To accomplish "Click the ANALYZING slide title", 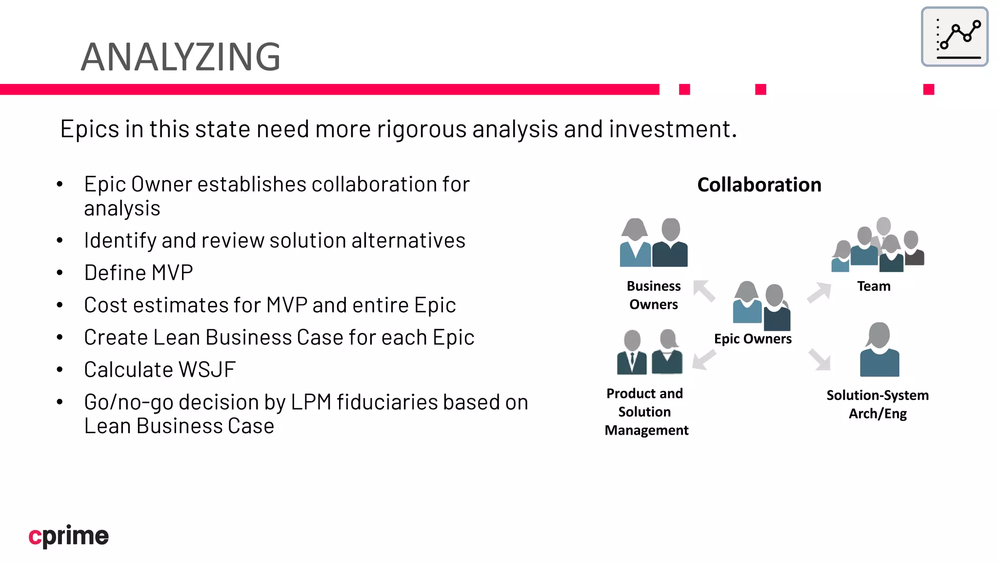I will point(180,57).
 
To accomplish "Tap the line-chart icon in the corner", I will point(954,37).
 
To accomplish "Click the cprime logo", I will point(68,536).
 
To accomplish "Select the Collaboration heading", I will point(759,185).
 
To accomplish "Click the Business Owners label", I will point(653,295).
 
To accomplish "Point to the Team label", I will point(874,286).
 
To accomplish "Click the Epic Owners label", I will point(753,339).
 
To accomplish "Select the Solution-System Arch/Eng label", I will point(877,404).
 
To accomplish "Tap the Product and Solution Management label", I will point(646,412).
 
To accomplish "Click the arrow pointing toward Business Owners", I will point(704,291).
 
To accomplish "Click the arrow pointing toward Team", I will point(819,292).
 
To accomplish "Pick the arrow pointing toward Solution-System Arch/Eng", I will point(819,360).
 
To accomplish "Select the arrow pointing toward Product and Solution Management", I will point(704,361).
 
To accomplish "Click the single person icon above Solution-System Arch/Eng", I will point(879,350).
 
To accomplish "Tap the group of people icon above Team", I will point(878,245).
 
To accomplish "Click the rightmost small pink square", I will point(928,89).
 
